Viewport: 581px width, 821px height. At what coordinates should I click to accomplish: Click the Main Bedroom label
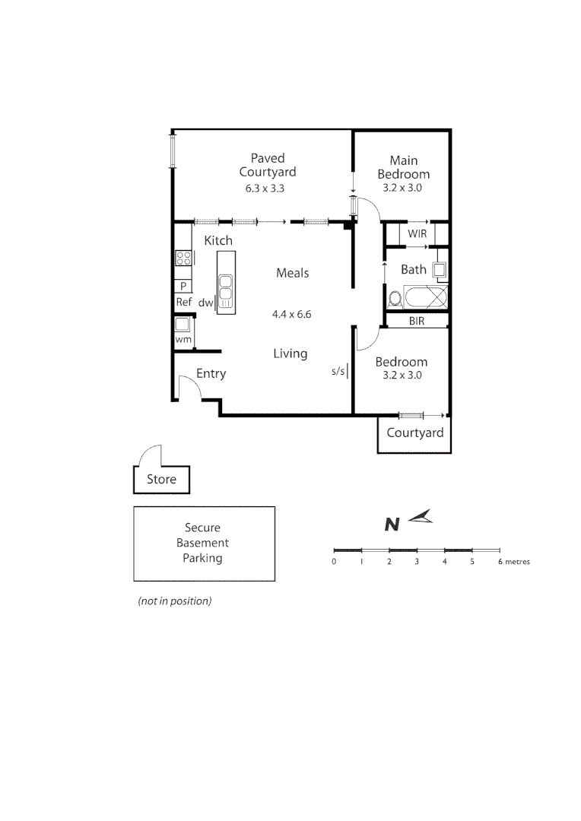404,167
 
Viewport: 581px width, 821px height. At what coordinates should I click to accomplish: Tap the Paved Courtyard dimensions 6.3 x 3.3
265,189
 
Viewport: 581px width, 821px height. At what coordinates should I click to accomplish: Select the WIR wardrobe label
417,234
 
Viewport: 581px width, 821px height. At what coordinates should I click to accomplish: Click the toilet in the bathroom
395,297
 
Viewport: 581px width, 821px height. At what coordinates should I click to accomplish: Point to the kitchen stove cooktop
183,258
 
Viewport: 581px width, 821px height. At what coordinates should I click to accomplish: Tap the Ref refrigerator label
183,302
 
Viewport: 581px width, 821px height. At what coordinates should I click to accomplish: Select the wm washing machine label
183,340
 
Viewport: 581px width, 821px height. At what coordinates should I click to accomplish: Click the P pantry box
183,286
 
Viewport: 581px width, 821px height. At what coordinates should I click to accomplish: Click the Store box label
161,480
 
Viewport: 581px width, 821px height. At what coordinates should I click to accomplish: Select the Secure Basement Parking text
202,543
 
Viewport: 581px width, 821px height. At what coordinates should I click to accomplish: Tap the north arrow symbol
420,518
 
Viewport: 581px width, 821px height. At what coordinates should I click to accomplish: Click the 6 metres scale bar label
514,563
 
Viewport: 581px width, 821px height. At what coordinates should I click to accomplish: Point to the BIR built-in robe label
416,322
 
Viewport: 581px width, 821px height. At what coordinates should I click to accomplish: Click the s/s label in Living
338,372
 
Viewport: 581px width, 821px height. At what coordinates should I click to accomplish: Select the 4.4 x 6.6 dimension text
292,313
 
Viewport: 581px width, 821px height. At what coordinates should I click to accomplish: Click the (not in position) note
174,601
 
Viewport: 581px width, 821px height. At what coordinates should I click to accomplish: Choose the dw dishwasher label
205,303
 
